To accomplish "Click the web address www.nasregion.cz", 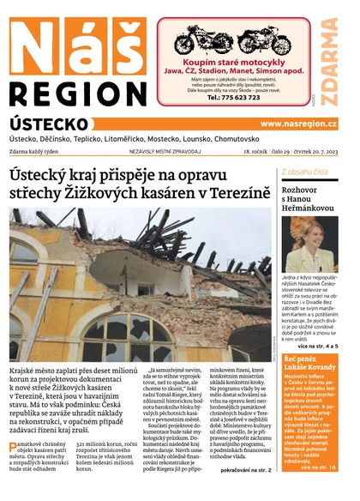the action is point(298,124).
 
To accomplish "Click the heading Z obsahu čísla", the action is point(305,172).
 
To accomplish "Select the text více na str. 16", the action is point(323,468).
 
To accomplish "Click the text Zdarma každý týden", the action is point(40,151).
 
